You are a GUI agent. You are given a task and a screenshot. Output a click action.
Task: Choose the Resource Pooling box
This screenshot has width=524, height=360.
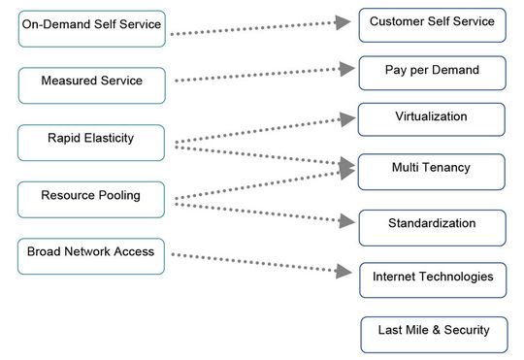coord(91,198)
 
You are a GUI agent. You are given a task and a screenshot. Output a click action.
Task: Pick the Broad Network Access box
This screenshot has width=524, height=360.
coord(91,255)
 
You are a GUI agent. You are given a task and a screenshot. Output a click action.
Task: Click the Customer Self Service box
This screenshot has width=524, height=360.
coord(432,24)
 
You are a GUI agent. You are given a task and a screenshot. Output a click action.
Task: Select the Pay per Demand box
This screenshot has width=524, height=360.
coord(432,73)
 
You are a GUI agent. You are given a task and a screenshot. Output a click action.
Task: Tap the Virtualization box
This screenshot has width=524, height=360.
coord(432,118)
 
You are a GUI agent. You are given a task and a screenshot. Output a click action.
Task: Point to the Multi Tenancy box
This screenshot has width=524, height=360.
coord(432,170)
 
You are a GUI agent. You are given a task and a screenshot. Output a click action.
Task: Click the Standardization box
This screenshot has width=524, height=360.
coord(432,226)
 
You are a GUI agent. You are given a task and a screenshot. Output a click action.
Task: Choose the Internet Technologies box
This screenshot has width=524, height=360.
coord(433,279)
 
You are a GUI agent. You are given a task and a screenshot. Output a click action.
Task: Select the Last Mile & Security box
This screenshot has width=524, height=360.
coord(433,333)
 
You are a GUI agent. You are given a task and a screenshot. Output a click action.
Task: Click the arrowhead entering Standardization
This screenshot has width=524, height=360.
coord(344,220)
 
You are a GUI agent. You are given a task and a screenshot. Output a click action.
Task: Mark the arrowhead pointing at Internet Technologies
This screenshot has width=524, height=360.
coord(344,273)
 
